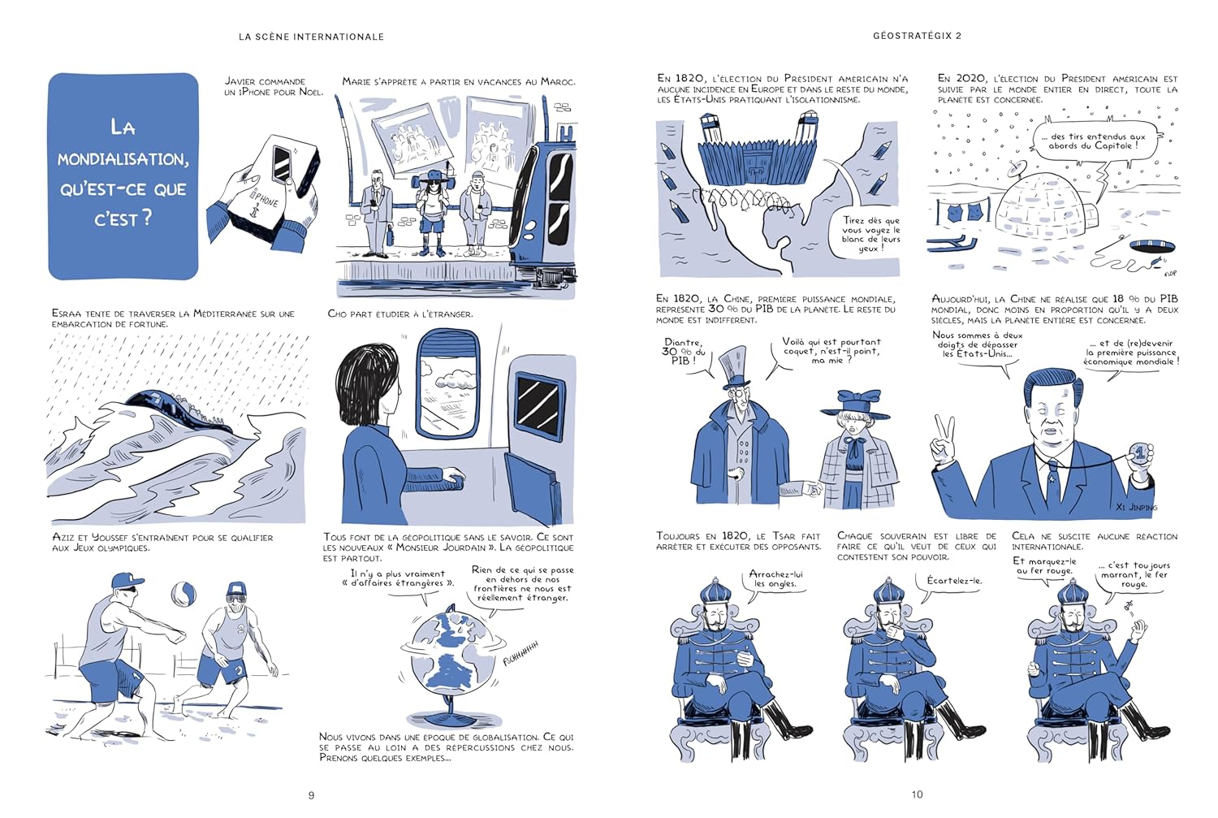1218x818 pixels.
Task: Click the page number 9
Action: pos(311,795)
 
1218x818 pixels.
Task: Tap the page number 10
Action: pos(917,794)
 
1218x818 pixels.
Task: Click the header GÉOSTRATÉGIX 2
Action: pos(917,36)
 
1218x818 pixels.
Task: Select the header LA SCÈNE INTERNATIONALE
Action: pos(311,37)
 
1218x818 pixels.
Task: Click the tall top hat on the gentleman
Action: pos(735,366)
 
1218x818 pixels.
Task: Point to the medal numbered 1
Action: pos(1138,453)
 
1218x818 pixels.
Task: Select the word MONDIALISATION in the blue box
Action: pos(123,159)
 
